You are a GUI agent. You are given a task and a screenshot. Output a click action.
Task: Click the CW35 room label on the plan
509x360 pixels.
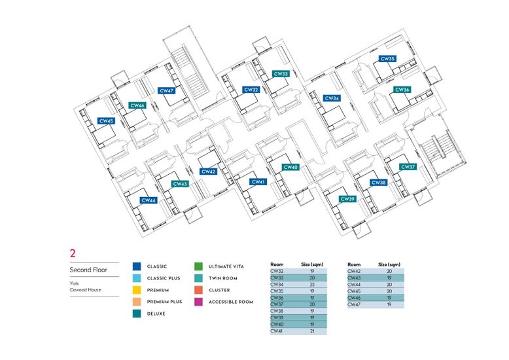click(x=387, y=59)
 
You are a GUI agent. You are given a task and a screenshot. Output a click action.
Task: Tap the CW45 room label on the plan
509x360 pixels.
click(x=106, y=121)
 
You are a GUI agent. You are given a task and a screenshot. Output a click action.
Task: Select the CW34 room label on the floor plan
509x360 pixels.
click(x=332, y=98)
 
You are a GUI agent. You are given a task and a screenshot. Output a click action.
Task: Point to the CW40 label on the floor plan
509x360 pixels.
click(x=290, y=168)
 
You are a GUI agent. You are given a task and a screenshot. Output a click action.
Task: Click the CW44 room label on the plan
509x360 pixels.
click(x=149, y=200)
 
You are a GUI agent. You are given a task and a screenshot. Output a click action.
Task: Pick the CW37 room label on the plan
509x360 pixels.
click(x=408, y=167)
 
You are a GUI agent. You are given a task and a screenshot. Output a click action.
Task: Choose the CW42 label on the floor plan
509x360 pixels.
click(x=208, y=171)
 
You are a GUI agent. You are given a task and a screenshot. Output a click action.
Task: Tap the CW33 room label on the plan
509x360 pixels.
click(x=281, y=74)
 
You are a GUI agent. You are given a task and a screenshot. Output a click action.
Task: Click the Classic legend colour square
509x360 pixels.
click(x=137, y=266)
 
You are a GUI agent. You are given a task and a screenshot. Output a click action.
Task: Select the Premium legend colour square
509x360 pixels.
click(x=137, y=290)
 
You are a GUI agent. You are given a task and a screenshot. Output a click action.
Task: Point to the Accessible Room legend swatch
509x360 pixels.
click(x=198, y=302)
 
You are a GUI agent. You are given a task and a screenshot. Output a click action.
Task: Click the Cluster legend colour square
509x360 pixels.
click(x=198, y=290)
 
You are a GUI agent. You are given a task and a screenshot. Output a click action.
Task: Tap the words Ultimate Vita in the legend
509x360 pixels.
click(x=226, y=266)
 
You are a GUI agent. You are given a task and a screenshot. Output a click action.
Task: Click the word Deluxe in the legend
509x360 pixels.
click(x=156, y=314)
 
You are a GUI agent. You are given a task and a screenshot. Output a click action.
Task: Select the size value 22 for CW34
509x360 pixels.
click(x=312, y=285)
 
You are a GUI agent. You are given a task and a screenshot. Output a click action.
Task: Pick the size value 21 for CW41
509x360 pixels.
click(x=312, y=331)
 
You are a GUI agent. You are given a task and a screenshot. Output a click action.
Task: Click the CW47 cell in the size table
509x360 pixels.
click(x=354, y=304)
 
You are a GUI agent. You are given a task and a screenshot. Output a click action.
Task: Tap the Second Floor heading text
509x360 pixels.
click(x=88, y=270)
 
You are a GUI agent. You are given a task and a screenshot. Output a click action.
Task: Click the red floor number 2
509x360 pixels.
click(x=73, y=253)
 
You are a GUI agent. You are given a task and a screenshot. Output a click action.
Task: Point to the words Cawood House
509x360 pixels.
click(x=85, y=290)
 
